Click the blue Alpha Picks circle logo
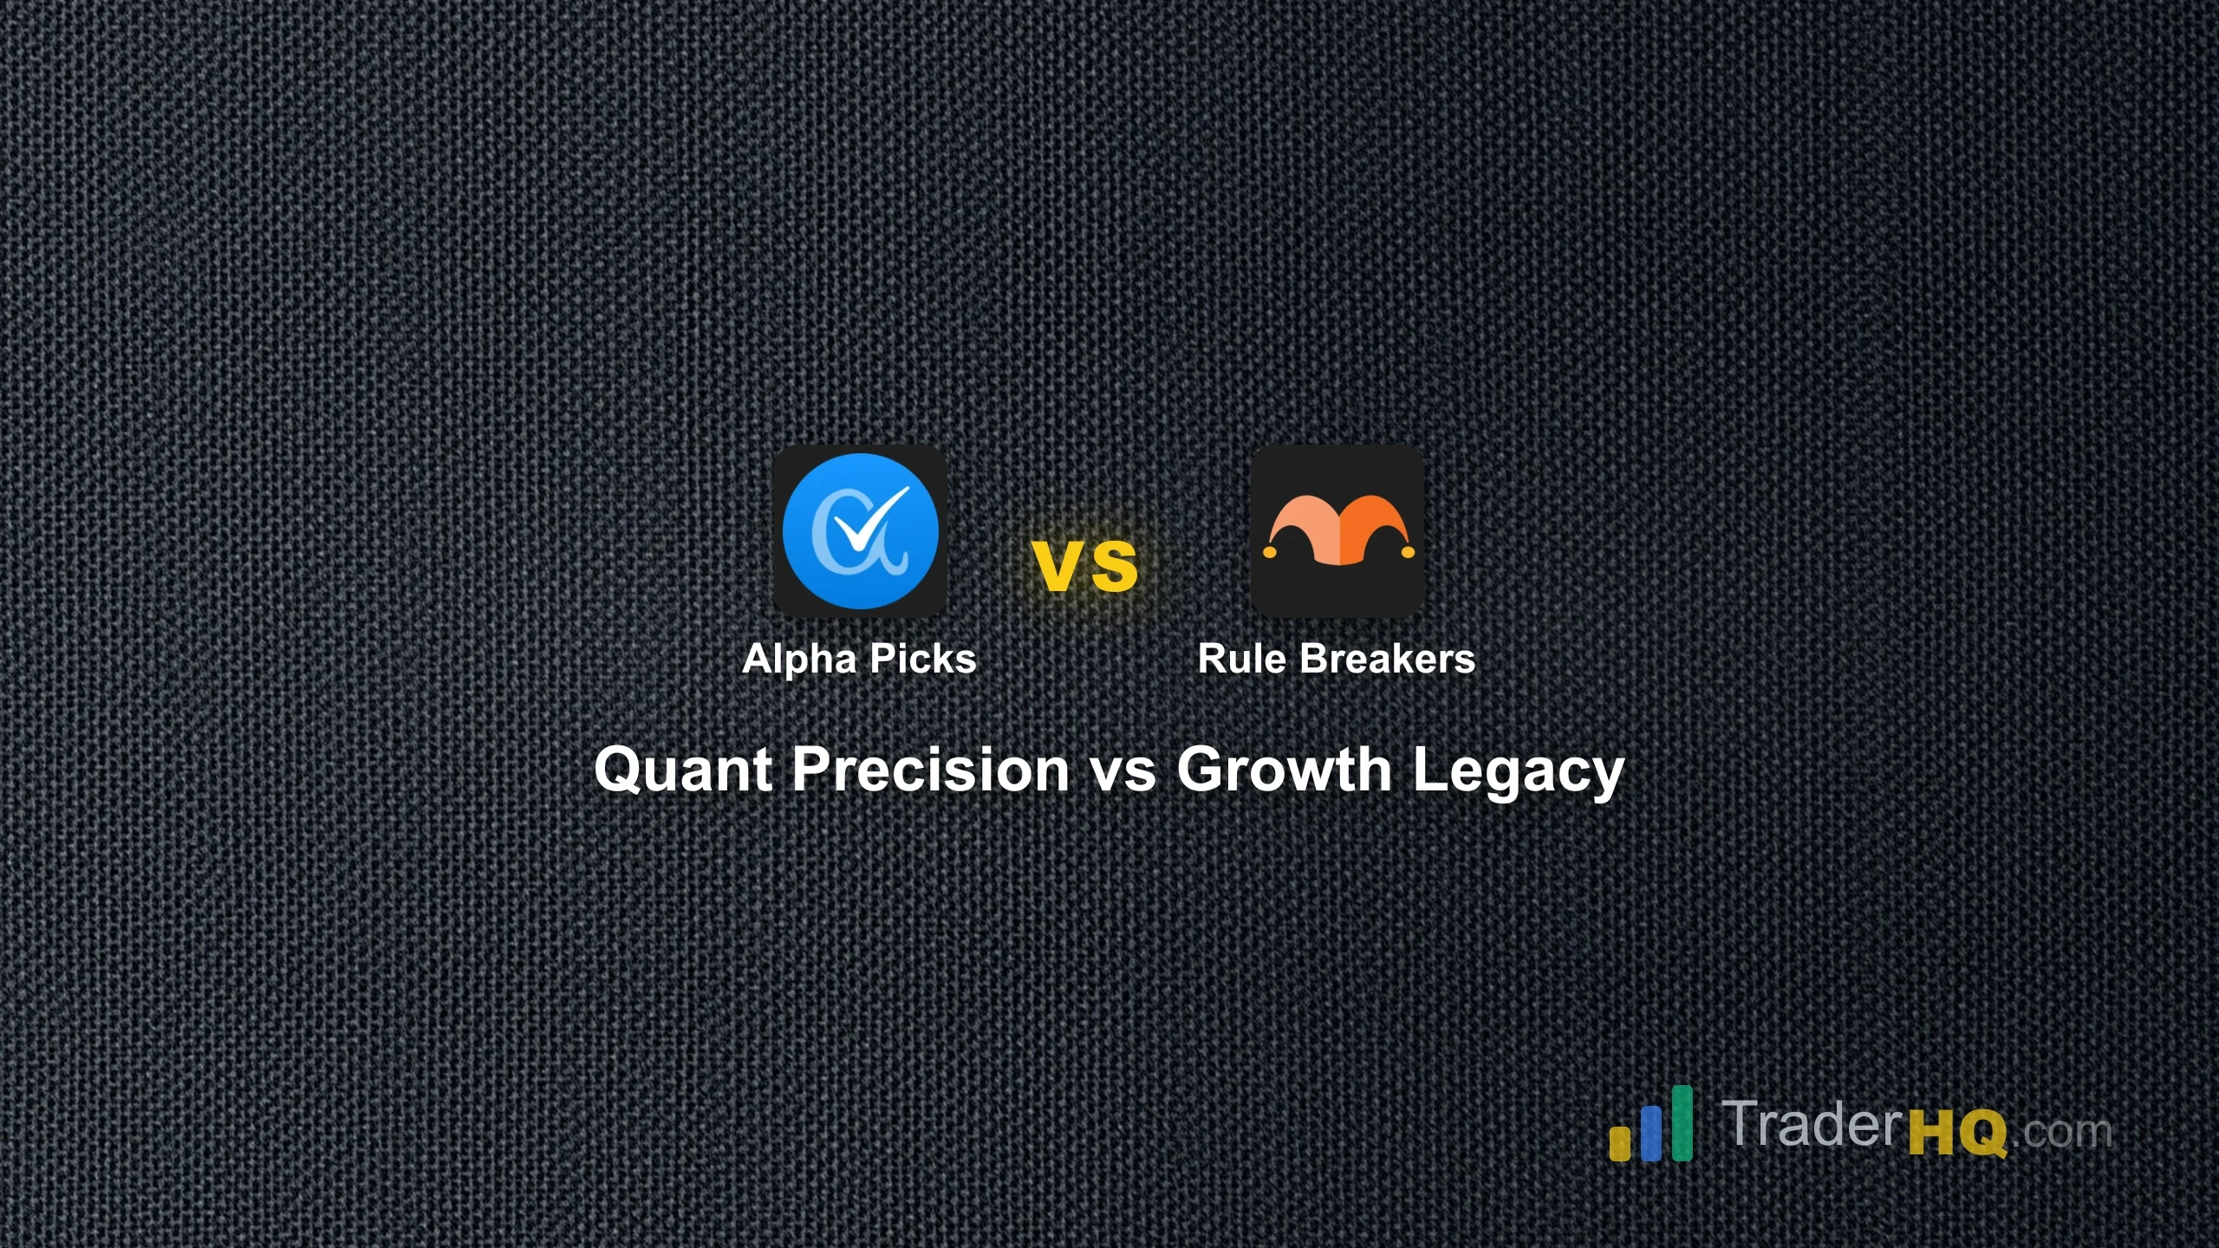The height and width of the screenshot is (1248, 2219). [860, 530]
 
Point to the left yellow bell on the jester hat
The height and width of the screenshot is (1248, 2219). [1270, 551]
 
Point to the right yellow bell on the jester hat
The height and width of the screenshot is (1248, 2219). [1407, 551]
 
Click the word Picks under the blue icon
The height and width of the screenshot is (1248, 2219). [922, 659]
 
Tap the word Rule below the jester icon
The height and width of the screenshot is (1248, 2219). [1241, 659]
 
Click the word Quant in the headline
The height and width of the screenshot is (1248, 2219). [683, 770]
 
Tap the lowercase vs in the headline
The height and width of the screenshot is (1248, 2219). [1123, 771]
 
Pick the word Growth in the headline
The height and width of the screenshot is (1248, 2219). [1284, 770]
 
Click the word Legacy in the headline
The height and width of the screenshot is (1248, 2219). [1518, 771]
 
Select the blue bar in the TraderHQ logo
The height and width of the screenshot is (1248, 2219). [1651, 1134]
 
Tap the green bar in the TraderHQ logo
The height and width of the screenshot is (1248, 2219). [1682, 1122]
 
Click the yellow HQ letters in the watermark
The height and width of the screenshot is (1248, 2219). [1957, 1132]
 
